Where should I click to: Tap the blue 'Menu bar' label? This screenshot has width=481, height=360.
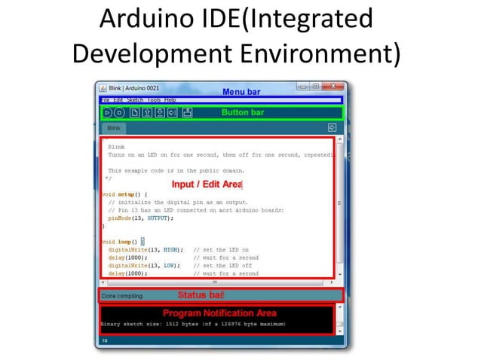coord(241,92)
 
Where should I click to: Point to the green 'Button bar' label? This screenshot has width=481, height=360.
coord(243,112)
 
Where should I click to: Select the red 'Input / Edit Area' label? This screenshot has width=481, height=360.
coord(207,184)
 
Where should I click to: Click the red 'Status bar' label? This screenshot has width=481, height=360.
coord(201,294)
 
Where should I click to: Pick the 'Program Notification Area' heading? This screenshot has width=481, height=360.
coord(219,313)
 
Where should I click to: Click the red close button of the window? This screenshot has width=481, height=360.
coord(333,87)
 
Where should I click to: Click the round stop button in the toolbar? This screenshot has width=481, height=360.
coord(119,113)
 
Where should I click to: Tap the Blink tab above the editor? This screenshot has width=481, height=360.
coord(113,129)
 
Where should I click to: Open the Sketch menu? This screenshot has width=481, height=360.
coord(135,100)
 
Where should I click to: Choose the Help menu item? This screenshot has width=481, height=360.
coord(170,100)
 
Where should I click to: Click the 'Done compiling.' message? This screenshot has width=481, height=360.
coord(122,296)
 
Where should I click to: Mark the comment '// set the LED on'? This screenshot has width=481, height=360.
coord(221,249)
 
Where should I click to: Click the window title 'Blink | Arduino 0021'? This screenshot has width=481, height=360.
coord(133,87)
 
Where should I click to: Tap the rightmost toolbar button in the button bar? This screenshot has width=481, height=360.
coord(188,113)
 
